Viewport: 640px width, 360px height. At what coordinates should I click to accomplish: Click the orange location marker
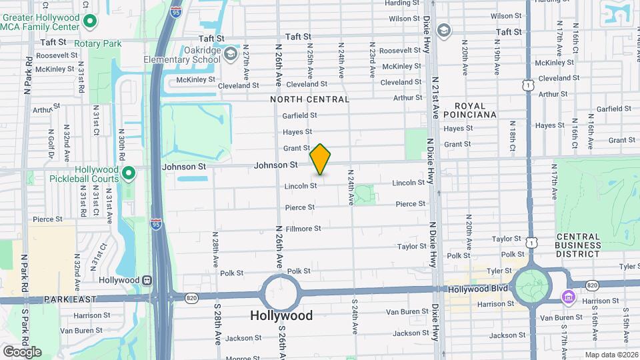(320, 159)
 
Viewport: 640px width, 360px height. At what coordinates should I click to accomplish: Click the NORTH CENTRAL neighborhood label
(309, 99)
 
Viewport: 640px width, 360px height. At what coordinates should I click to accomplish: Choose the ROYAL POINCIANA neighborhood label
(475, 110)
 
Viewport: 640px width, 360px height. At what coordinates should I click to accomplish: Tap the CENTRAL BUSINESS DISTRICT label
(578, 245)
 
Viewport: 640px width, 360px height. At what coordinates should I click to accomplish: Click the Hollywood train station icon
(146, 281)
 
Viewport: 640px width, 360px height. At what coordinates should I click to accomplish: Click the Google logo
(22, 351)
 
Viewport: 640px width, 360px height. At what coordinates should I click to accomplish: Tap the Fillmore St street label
(303, 229)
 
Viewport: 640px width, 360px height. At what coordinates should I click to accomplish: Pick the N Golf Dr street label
(51, 143)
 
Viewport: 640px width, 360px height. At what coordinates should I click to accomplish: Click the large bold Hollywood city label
(281, 315)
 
